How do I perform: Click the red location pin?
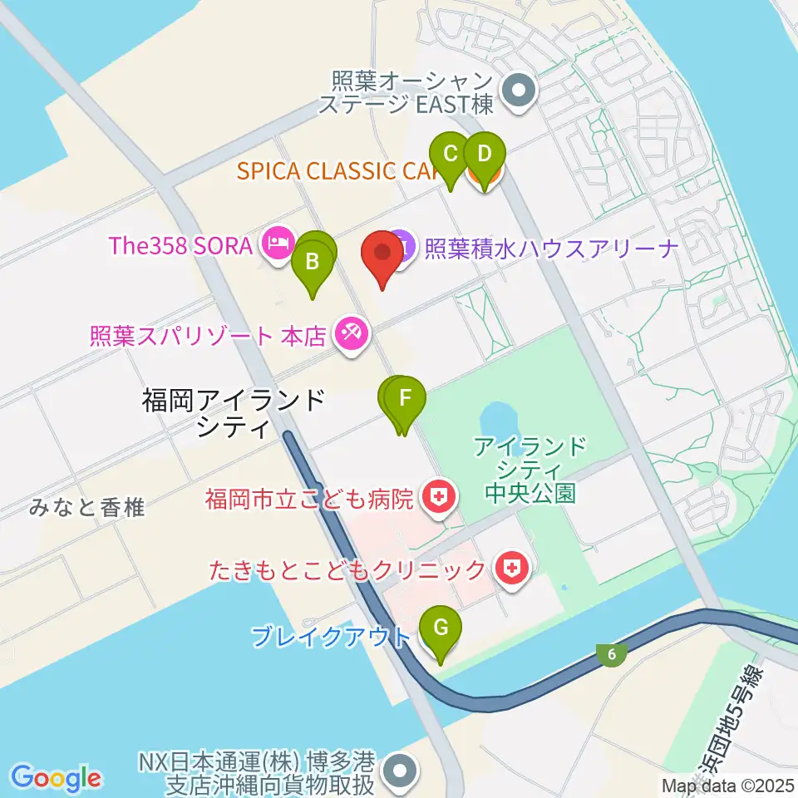(x=382, y=254)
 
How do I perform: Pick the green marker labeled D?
(x=485, y=155)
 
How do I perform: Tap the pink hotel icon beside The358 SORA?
(x=275, y=243)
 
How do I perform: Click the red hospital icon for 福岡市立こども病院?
(x=438, y=499)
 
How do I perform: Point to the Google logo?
(x=57, y=778)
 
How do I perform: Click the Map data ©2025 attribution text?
(x=728, y=785)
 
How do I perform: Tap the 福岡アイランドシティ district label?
(x=233, y=413)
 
